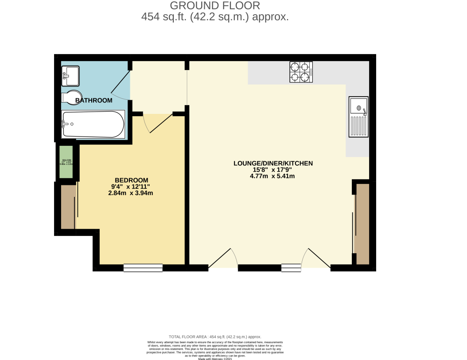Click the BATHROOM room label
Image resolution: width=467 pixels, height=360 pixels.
(x=93, y=101)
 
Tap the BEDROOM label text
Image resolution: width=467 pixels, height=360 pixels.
(x=131, y=180)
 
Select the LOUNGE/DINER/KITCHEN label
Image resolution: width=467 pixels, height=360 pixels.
(x=273, y=163)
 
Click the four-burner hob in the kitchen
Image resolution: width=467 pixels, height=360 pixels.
(x=300, y=72)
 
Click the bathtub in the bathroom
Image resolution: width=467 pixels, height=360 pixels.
(x=93, y=124)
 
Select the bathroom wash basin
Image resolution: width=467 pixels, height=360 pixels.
(x=70, y=76)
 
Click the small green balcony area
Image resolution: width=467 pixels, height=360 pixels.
(x=66, y=162)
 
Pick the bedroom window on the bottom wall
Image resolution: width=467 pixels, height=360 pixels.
(x=143, y=267)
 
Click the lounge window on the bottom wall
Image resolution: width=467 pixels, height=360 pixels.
(x=291, y=267)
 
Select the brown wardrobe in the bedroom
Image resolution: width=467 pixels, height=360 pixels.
(x=68, y=207)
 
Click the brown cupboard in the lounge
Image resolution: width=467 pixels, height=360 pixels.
(x=362, y=223)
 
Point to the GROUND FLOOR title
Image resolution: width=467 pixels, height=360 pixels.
(x=215, y=6)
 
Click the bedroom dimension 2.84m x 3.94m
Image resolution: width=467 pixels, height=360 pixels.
(x=131, y=193)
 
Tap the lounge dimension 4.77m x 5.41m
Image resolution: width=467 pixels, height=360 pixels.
(x=272, y=176)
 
